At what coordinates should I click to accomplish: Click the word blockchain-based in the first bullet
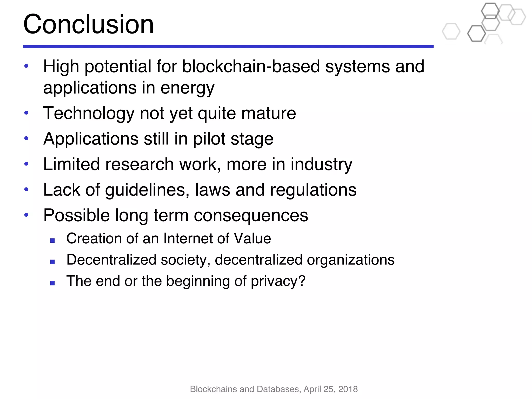(x=251, y=66)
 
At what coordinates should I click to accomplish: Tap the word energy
(x=187, y=88)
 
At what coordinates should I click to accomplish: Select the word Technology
(x=89, y=114)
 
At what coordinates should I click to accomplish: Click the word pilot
(x=209, y=139)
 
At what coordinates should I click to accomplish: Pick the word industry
(x=321, y=164)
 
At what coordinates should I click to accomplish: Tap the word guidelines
(x=147, y=190)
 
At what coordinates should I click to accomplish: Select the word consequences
(x=251, y=215)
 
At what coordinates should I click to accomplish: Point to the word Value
(x=252, y=238)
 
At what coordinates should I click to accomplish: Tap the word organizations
(x=350, y=260)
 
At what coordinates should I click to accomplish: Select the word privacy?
(x=278, y=281)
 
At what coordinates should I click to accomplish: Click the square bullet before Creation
(x=52, y=241)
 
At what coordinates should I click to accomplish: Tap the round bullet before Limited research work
(x=26, y=164)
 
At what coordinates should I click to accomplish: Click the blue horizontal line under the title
(x=228, y=47)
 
